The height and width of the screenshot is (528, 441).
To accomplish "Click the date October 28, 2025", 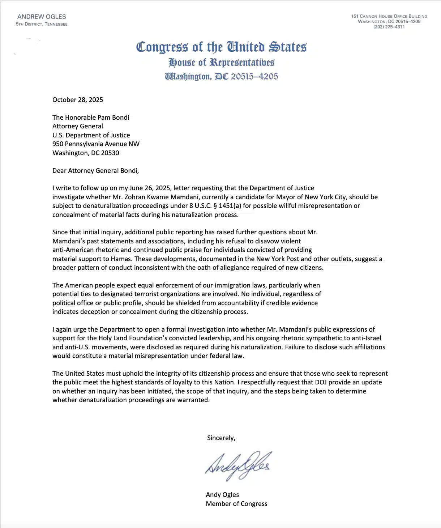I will click(x=78, y=100).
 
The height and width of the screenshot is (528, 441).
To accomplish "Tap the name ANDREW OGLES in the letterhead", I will click(x=42, y=17).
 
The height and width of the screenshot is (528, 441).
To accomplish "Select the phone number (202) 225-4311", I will click(x=389, y=27).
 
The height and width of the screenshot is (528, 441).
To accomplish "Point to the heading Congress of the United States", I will click(x=221, y=47).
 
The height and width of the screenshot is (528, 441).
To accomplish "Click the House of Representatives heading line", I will click(x=221, y=63).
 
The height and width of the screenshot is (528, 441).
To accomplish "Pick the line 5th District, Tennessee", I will click(x=42, y=24).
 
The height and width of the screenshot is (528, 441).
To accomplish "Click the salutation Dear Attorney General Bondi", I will click(x=95, y=171).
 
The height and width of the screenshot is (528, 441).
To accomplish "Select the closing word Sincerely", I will click(x=221, y=438).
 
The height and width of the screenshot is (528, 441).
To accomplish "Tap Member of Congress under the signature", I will click(x=236, y=504).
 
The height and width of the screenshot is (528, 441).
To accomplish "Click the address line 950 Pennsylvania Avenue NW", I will click(x=96, y=144).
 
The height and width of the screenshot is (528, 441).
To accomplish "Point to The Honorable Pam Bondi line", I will click(x=91, y=118).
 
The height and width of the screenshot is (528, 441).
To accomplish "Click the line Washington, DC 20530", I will click(x=86, y=153).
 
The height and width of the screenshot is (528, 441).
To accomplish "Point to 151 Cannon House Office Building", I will click(x=389, y=16).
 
